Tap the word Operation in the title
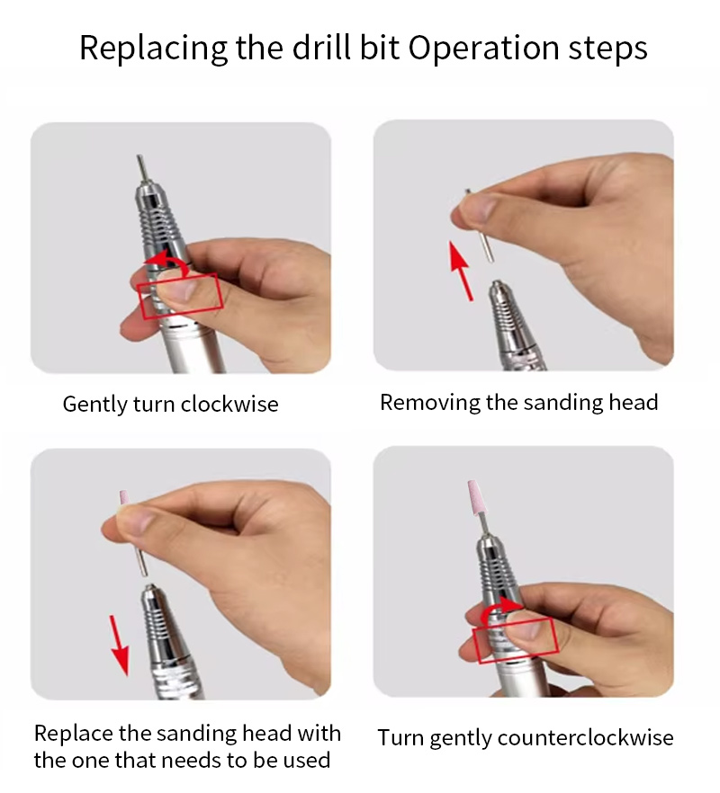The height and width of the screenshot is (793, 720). pos(483,49)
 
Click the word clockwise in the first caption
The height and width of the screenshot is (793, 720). pos(229,404)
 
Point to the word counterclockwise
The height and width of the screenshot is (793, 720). pos(586,737)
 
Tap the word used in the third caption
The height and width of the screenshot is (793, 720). pos(306,760)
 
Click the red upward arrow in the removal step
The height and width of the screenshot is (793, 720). pos(462,272)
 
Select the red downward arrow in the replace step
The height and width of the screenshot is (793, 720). pos(119,646)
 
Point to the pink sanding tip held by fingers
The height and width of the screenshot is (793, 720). pos(123,499)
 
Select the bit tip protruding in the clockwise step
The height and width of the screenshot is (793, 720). pos(142,169)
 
